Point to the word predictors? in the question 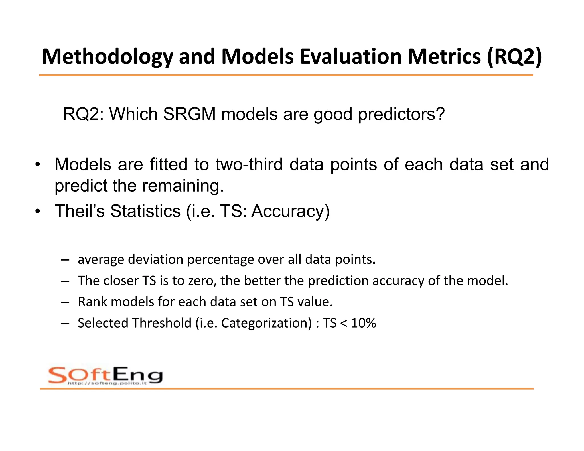click(401, 114)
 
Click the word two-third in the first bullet click(249, 164)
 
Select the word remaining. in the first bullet click(183, 186)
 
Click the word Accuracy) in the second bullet click(290, 211)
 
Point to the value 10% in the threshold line click(363, 323)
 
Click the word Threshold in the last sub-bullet click(162, 323)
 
